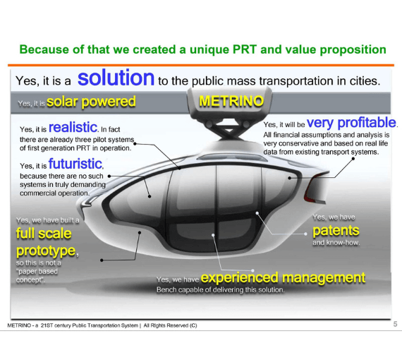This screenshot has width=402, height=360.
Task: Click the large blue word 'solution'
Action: tap(116, 78)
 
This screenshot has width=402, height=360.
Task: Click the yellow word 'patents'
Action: tap(335, 230)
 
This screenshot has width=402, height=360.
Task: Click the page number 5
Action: tap(395, 323)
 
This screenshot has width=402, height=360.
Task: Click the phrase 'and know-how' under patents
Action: tap(335, 243)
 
